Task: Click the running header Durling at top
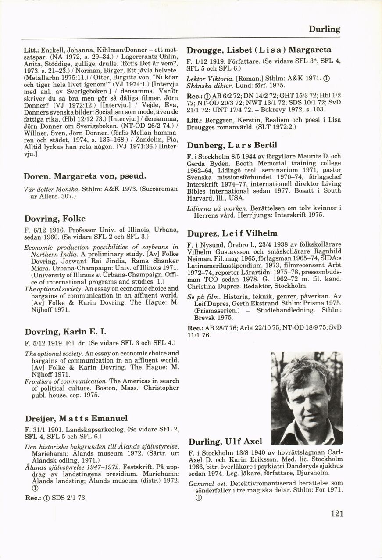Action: pos(324,29)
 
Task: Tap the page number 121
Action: pos(335,513)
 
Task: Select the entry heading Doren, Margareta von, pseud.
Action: pos(84,176)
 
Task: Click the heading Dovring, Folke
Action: pos(55,219)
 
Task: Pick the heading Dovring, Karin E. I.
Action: pos(65,331)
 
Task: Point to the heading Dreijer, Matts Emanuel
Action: pos(75,418)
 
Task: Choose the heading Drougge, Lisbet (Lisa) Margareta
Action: pos(259,50)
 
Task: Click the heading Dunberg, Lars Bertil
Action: pos(232,145)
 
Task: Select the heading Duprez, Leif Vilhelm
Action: pos(232,233)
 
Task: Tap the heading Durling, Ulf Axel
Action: pos(225,442)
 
